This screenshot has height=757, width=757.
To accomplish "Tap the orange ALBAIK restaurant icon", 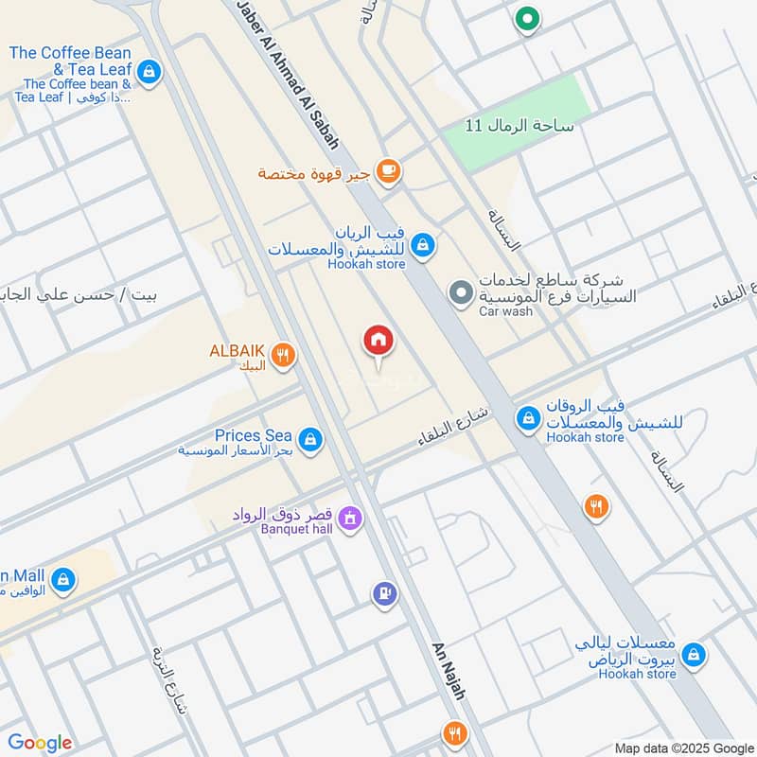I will [282, 356].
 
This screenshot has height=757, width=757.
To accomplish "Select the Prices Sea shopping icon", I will [309, 439].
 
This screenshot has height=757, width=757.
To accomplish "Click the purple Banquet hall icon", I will [350, 519].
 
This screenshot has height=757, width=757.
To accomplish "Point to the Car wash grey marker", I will [461, 293].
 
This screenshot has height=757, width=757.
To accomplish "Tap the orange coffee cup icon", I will [387, 171].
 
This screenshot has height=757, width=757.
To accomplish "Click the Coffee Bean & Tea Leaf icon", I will [149, 70].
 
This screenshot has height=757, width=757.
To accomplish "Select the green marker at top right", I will [526, 19].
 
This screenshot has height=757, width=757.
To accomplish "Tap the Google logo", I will [40, 744].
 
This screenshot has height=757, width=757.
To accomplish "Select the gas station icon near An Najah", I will [384, 593].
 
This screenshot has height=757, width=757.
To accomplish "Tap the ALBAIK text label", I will [237, 350].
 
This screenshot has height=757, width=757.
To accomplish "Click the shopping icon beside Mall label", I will [62, 580].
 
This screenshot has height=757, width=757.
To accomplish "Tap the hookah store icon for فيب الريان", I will [423, 245].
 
